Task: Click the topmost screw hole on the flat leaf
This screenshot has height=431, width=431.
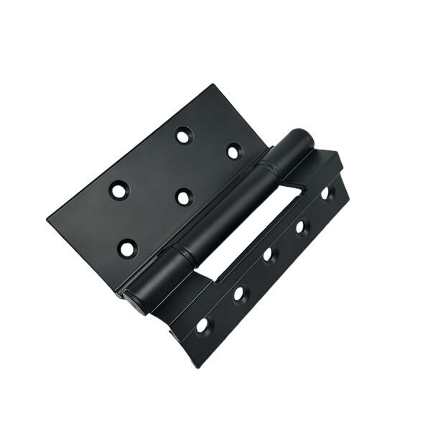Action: pyautogui.click(x=184, y=134)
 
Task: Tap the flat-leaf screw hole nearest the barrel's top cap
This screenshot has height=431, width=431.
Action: pyautogui.click(x=234, y=151)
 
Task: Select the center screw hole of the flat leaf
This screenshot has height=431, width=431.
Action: pyautogui.click(x=184, y=196)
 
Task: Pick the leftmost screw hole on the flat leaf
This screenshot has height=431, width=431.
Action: pyautogui.click(x=119, y=190)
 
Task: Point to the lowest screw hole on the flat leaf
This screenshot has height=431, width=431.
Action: pyautogui.click(x=127, y=249)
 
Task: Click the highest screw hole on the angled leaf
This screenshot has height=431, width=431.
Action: pyautogui.click(x=326, y=193)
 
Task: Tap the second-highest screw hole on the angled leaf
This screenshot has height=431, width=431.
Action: pyautogui.click(x=301, y=227)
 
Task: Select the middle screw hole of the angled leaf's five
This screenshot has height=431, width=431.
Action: pyautogui.click(x=269, y=254)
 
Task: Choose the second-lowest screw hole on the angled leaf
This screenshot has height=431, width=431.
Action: pyautogui.click(x=238, y=293)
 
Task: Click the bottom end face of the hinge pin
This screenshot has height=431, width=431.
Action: pyautogui.click(x=134, y=302)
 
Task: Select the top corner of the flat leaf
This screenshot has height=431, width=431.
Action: pyautogui.click(x=213, y=85)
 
